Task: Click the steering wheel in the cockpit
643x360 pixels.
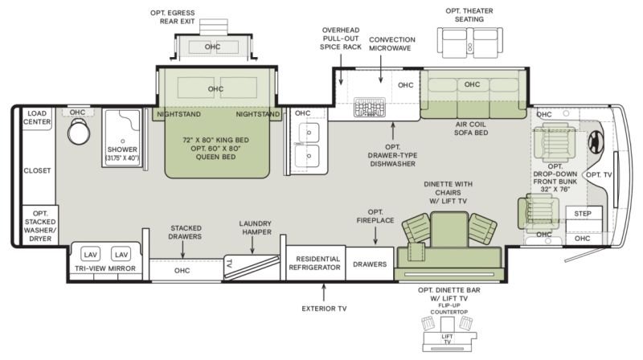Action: [x=596, y=142]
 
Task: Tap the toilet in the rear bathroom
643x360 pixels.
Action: [x=78, y=131]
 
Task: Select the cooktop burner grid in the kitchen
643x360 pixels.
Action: [x=370, y=107]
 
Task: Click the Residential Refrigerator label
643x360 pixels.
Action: [x=314, y=264]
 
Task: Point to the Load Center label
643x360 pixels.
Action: [x=37, y=117]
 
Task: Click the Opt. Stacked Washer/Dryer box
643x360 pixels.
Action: [x=39, y=226]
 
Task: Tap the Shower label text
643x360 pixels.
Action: [x=122, y=149]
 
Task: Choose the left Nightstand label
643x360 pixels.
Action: [x=178, y=114]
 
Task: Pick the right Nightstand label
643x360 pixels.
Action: [x=258, y=114]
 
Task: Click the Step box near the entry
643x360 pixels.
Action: [x=584, y=213]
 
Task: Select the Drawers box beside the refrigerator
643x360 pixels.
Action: [x=370, y=264]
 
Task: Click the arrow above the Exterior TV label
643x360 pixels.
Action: [x=324, y=292]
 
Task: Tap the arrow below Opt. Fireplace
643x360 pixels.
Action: [x=375, y=235]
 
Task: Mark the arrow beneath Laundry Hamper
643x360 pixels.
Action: [x=252, y=246]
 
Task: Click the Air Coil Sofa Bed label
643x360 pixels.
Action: [x=471, y=129]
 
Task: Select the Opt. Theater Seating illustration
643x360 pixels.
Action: [x=470, y=43]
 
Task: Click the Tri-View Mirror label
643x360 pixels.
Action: [x=105, y=268]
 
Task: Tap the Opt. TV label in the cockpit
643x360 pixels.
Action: [x=599, y=175]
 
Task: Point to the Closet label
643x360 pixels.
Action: [x=37, y=170]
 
